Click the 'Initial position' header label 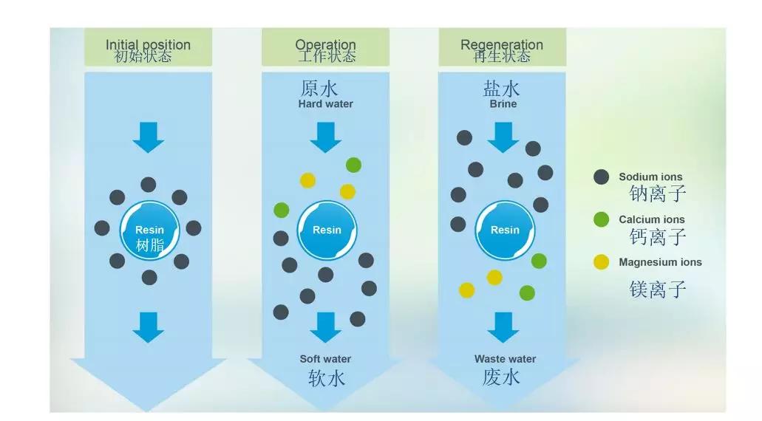coord(148,45)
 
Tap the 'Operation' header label coord(325,45)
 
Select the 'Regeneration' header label coord(502,45)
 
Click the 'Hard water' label coord(325,104)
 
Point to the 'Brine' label coord(503,104)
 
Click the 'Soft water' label coord(325,359)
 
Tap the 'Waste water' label coord(505,359)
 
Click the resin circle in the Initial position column coord(149,230)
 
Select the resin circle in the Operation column coord(327,230)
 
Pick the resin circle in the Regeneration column coord(505,230)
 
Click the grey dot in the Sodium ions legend coord(602,177)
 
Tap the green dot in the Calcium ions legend coord(602,219)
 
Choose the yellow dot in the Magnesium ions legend coord(602,262)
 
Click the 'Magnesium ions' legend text coord(660,262)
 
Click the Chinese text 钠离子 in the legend coord(658,194)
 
